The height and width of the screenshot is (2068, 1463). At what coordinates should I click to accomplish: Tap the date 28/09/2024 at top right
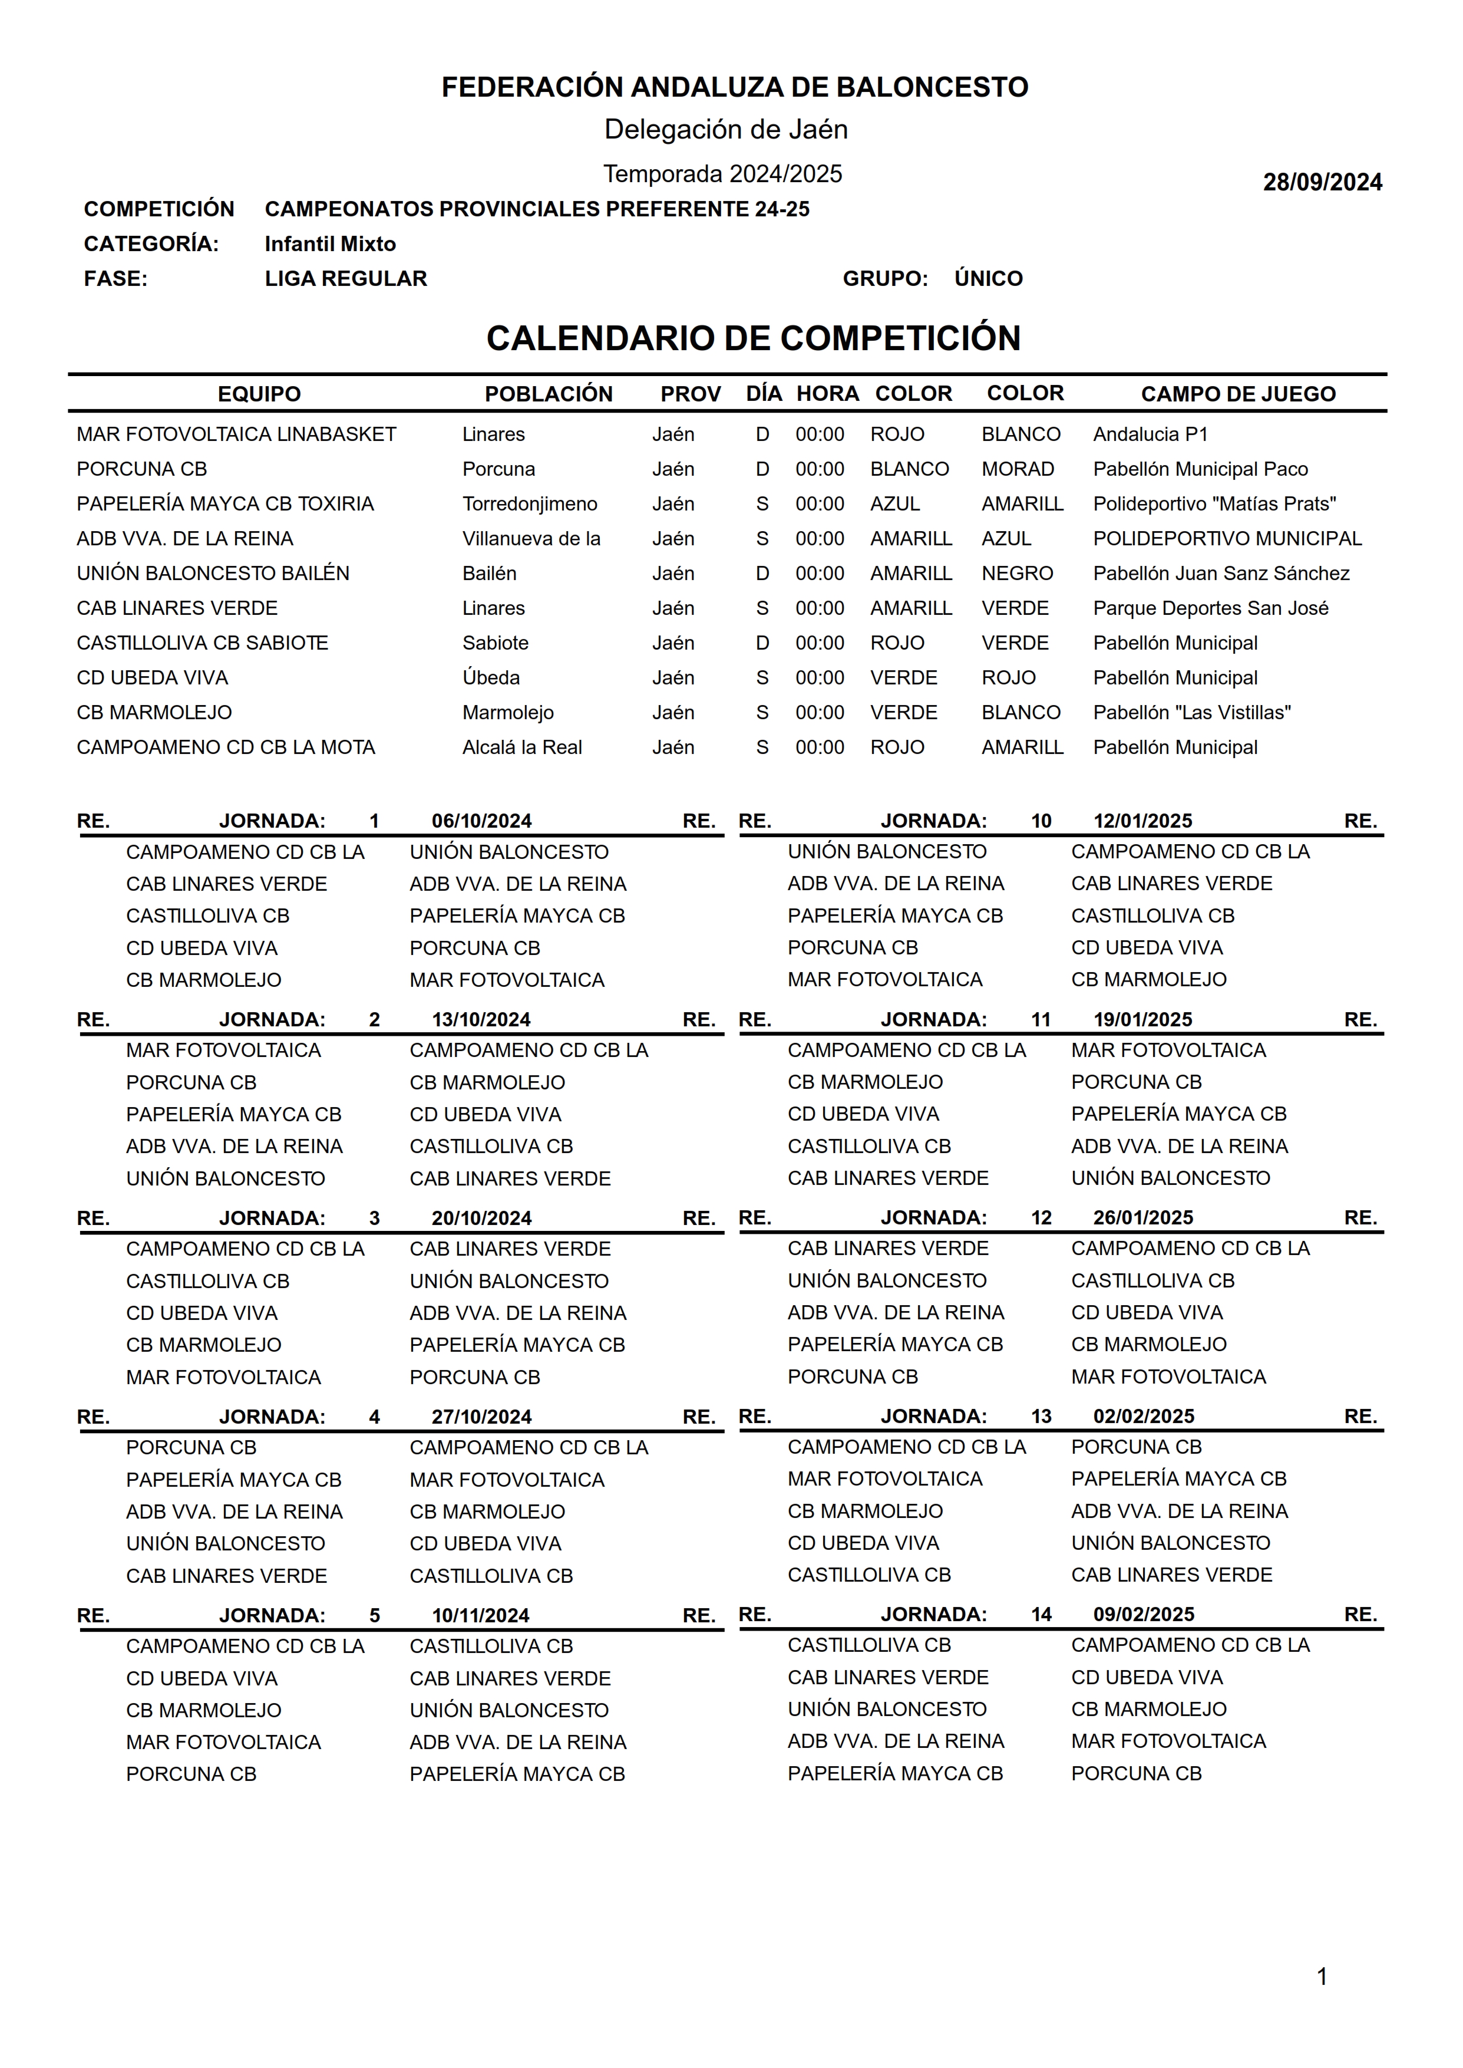[1322, 182]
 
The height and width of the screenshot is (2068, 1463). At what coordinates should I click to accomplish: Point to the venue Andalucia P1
[1150, 434]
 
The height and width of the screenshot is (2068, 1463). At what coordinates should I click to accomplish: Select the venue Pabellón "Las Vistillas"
[1192, 713]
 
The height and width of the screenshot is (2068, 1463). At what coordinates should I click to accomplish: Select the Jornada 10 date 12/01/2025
[1142, 821]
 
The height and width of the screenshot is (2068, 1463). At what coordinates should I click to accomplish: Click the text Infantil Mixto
[330, 244]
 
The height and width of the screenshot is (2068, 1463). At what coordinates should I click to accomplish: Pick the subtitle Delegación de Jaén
[725, 130]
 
